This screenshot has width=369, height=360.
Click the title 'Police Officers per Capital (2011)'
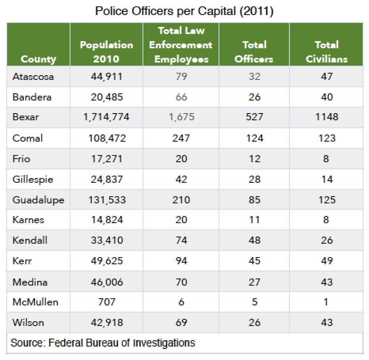pos(184,11)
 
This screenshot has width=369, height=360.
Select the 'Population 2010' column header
pos(107,52)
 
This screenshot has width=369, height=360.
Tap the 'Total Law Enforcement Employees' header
pos(181,45)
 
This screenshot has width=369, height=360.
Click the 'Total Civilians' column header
pos(326,52)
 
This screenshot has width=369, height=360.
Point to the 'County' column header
pos(38,59)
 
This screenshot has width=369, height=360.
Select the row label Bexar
pos(26,117)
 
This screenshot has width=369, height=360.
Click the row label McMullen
pos(35,302)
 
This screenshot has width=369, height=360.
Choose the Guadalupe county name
pos(38,200)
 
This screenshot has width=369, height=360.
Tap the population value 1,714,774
pos(107,117)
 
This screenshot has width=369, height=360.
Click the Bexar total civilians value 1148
pos(327,117)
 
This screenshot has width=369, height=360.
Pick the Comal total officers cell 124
pos(254,138)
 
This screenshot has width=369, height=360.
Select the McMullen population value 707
pos(107,302)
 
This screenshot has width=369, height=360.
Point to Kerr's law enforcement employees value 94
pos(181,261)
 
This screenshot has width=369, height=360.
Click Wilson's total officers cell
pos(254,323)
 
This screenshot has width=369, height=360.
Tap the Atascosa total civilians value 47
pos(327,76)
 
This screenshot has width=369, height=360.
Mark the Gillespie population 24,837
pos(107,179)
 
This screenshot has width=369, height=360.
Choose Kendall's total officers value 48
pos(254,241)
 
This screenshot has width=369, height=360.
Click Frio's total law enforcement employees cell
pos(181,159)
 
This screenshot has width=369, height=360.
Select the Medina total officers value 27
pos(254,282)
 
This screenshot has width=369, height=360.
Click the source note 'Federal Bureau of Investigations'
pos(122,343)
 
